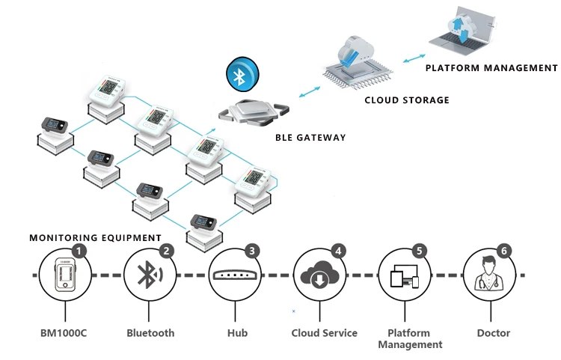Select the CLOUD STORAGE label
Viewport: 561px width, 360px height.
tap(407, 100)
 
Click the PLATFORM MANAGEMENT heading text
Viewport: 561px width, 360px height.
tap(491, 68)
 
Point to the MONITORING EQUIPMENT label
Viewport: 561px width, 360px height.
tap(95, 238)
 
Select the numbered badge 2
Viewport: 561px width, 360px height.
tap(167, 252)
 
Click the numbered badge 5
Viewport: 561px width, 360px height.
tap(420, 252)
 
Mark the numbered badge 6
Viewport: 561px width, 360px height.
tap(505, 252)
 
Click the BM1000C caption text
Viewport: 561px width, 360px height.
tap(64, 333)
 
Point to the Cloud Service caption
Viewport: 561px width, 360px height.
tap(324, 333)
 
